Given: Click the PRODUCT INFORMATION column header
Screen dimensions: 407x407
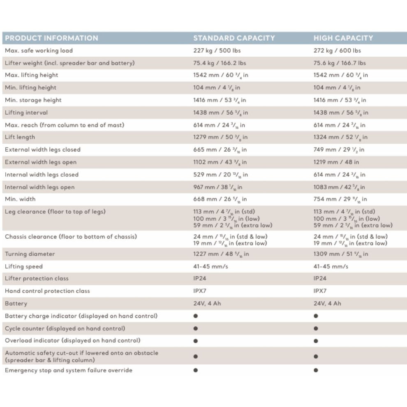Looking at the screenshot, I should [x=51, y=38].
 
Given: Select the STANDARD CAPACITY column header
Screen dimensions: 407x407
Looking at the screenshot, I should [x=234, y=38].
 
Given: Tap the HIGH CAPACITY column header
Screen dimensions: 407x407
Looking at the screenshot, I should [x=343, y=38].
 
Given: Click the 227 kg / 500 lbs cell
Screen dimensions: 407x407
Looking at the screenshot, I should [x=217, y=51].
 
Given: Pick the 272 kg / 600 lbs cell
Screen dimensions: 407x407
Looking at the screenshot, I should [x=337, y=51].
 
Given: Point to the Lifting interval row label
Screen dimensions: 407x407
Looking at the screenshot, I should [x=26, y=113].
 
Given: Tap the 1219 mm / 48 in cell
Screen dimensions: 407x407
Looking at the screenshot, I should [x=336, y=162].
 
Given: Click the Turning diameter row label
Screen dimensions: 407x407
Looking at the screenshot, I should [x=30, y=254].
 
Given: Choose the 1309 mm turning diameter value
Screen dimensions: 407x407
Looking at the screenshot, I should [x=340, y=254].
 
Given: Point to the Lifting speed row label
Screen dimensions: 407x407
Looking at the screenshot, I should [x=23, y=266].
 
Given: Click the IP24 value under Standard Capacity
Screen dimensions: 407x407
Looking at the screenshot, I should [x=200, y=279].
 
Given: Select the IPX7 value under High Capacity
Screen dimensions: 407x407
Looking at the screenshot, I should [x=320, y=291].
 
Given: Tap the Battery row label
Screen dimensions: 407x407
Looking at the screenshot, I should [x=16, y=304].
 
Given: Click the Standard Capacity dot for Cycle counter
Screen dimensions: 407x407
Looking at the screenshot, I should [x=196, y=328].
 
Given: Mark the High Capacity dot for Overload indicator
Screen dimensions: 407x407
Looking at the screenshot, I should [x=316, y=341].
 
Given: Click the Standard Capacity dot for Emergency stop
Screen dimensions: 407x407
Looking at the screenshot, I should [x=196, y=370].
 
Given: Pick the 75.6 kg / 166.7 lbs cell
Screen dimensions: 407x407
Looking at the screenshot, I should [x=340, y=63].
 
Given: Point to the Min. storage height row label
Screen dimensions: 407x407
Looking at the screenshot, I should [x=33, y=100].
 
